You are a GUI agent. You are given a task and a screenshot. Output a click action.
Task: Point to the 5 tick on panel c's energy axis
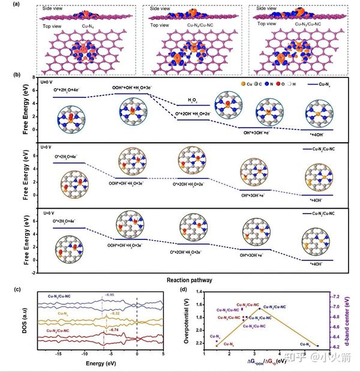tap(163, 355)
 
